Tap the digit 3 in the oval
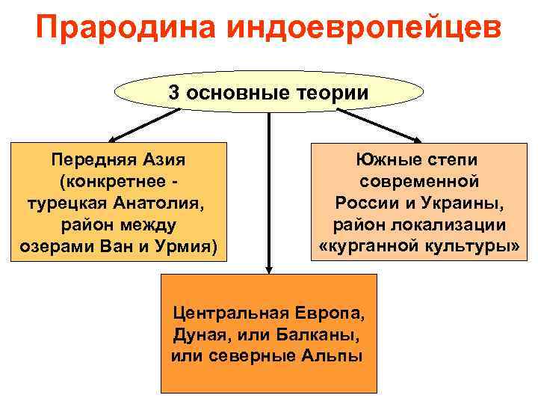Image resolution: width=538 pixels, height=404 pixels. pyautogui.click(x=174, y=93)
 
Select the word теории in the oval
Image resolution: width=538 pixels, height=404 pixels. pyautogui.click(x=333, y=93)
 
